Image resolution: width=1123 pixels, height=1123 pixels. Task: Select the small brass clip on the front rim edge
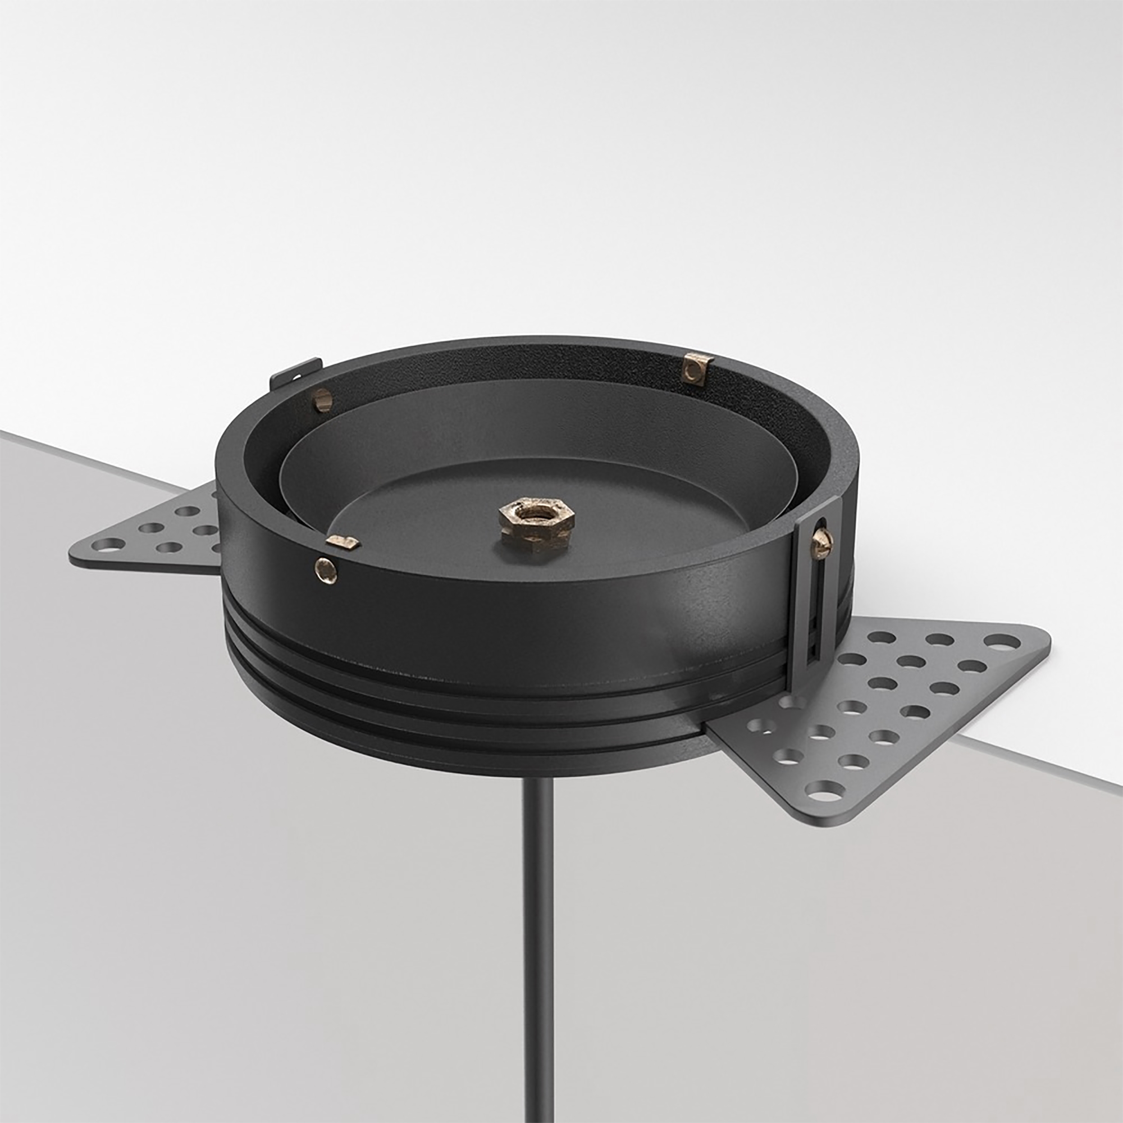click(x=343, y=542)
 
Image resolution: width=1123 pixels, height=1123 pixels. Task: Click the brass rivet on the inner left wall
click(x=323, y=400)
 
